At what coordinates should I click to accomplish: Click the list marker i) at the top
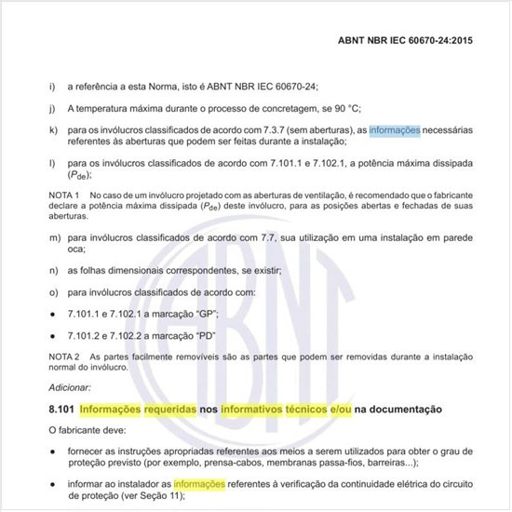(50, 87)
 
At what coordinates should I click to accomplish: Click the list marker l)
(50, 164)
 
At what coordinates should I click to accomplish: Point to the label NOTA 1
(65, 193)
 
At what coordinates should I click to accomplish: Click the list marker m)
(52, 238)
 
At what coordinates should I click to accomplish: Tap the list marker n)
(51, 271)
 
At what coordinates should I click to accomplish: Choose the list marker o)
(51, 292)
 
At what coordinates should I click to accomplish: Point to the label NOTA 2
(65, 357)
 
